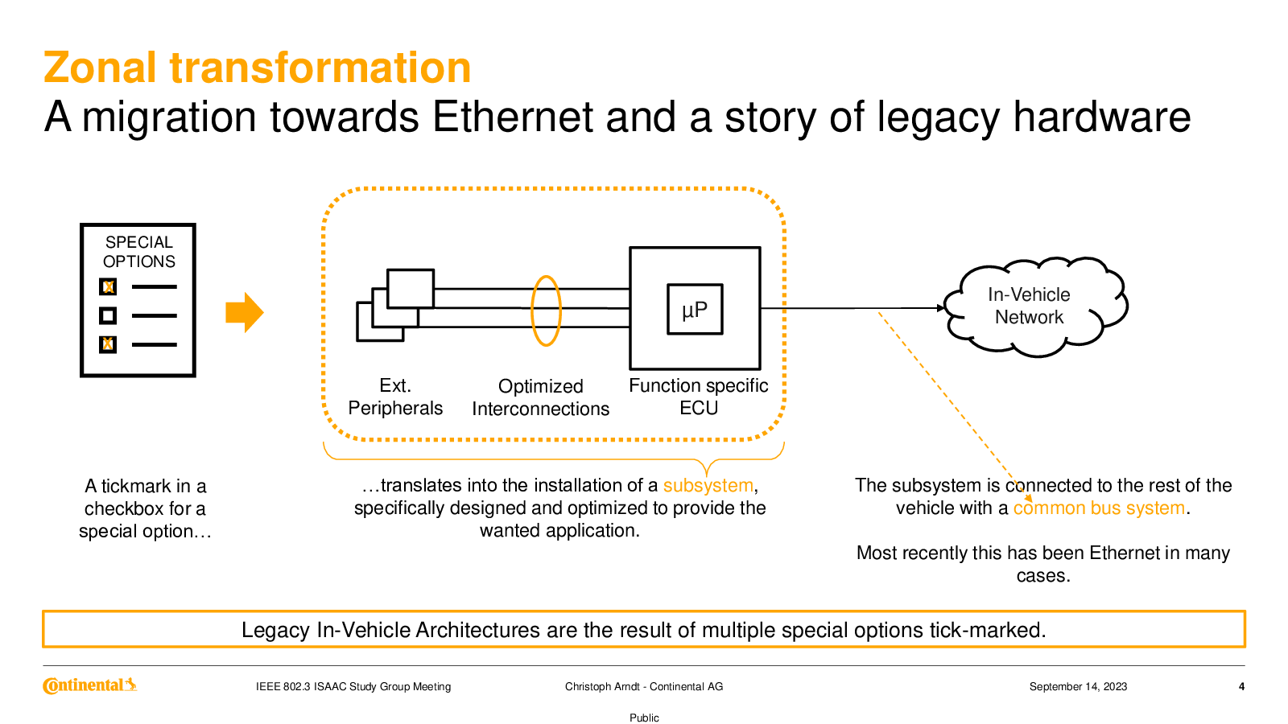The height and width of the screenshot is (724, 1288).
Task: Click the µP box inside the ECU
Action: (695, 309)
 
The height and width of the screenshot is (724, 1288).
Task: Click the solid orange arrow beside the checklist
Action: (244, 312)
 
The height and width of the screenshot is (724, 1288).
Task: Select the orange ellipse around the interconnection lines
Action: (546, 311)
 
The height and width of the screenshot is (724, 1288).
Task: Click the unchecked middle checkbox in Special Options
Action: (108, 315)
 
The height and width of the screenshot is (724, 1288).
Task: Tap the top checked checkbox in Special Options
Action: (108, 286)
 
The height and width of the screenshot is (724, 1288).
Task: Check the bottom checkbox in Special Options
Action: (108, 344)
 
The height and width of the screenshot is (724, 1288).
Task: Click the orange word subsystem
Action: (708, 485)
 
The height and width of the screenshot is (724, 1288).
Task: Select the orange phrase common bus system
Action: (1099, 508)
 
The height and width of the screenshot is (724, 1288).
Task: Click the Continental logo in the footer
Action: (89, 685)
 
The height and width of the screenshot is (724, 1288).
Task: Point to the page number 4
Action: (1241, 686)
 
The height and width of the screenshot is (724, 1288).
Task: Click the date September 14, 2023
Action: (1078, 686)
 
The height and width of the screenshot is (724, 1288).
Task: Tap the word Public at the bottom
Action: (644, 718)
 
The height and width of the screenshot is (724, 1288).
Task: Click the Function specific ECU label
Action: (698, 397)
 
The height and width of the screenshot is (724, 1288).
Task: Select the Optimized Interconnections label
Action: (540, 397)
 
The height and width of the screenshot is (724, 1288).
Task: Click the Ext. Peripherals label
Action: (395, 397)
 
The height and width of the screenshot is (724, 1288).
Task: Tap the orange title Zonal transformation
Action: (258, 68)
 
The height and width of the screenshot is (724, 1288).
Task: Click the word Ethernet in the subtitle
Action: (512, 117)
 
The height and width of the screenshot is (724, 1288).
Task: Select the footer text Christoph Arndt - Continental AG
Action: (644, 686)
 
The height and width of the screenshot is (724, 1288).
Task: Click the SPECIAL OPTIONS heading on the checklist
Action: (138, 252)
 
